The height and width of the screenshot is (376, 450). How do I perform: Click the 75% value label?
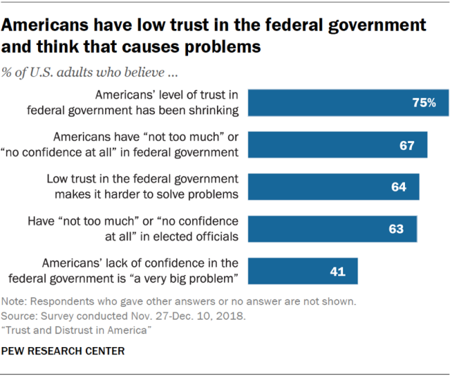pos(425,103)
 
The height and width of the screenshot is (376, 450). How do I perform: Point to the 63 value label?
pos(395,229)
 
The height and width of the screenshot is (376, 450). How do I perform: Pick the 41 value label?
pos(338,270)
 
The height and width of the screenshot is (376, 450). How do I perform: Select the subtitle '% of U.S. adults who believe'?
pos(83,72)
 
